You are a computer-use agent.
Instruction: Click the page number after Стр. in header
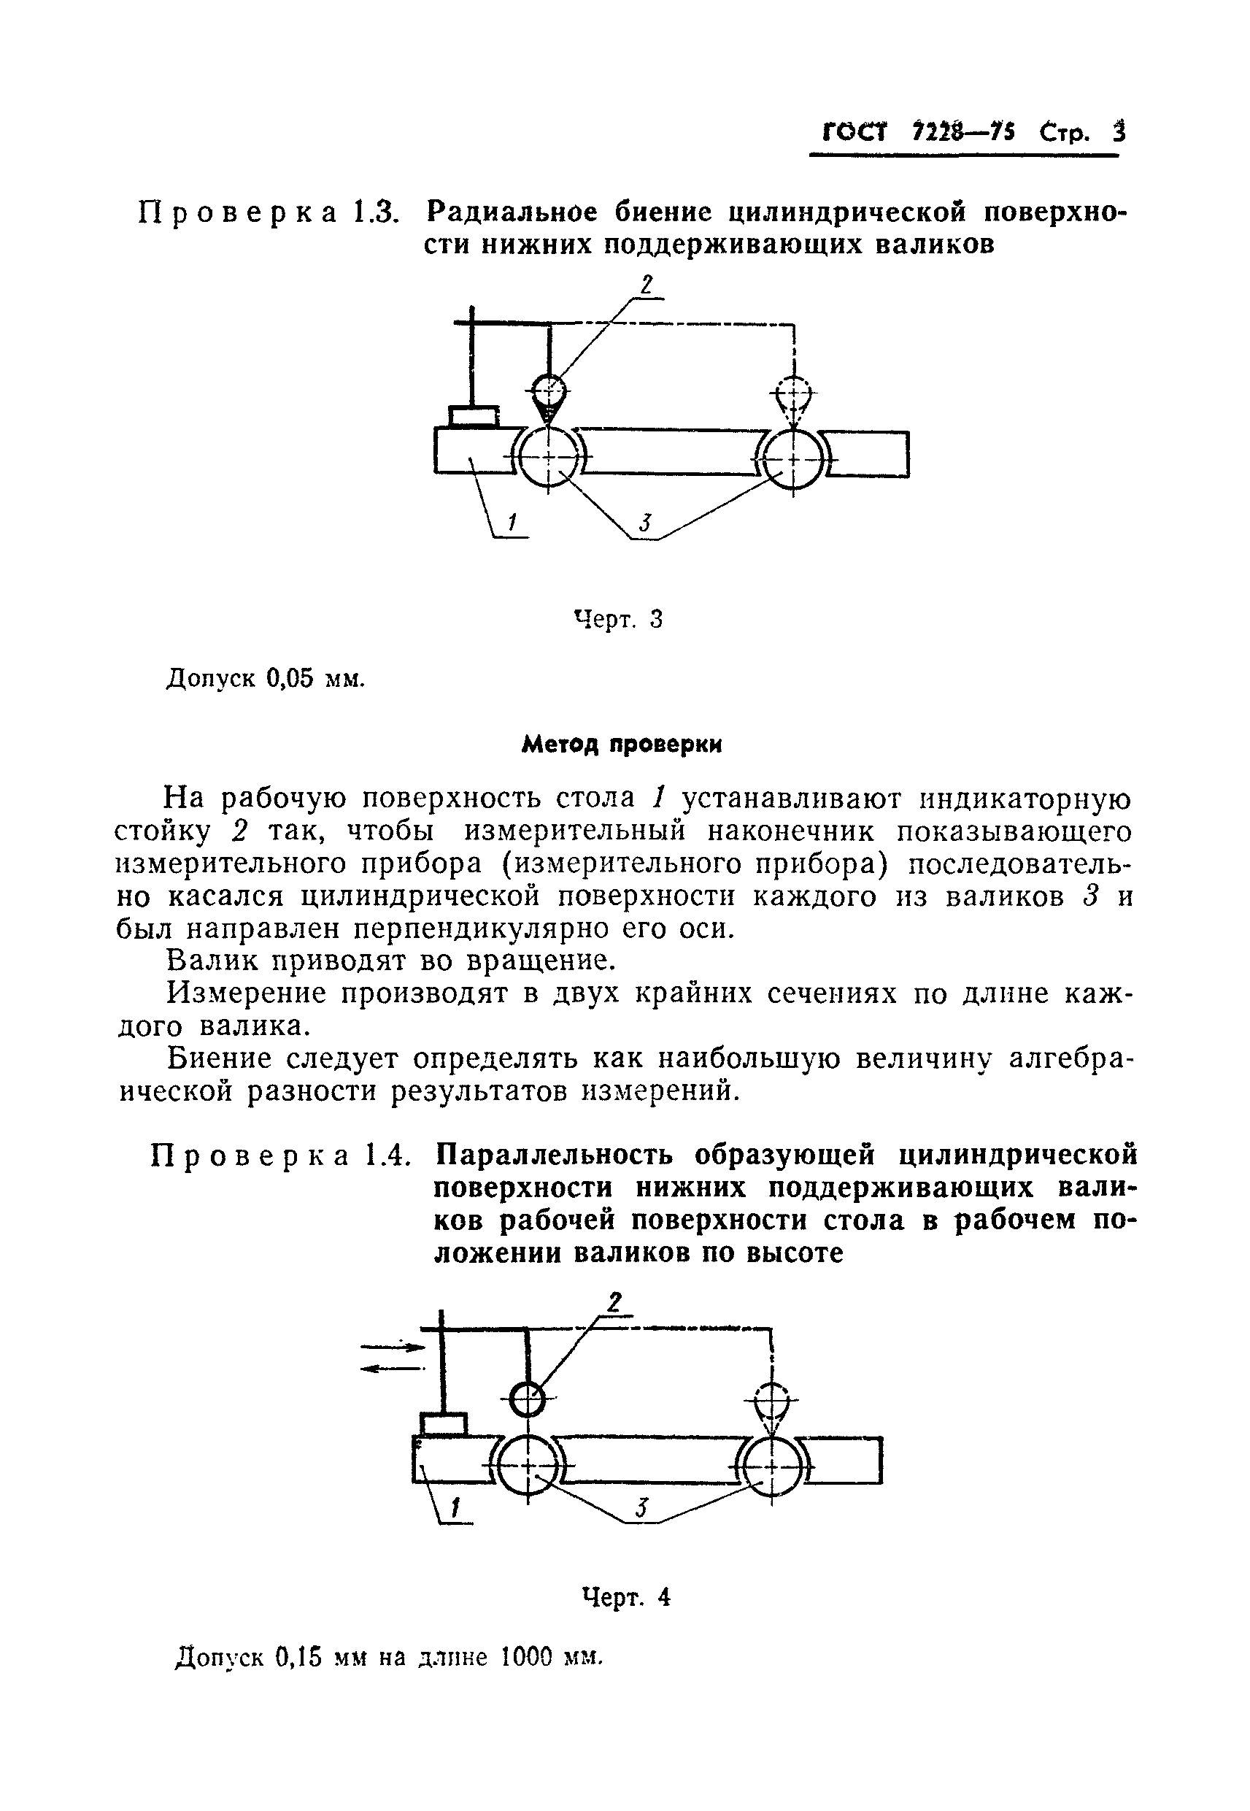(x=1119, y=132)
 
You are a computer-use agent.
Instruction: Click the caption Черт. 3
(x=619, y=619)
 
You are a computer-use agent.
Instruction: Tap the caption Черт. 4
(x=627, y=1596)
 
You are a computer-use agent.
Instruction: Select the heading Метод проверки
(x=622, y=744)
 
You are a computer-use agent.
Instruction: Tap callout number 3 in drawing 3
(x=644, y=523)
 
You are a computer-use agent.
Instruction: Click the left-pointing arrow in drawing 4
(x=392, y=1368)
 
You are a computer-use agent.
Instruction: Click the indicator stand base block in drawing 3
(x=474, y=415)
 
